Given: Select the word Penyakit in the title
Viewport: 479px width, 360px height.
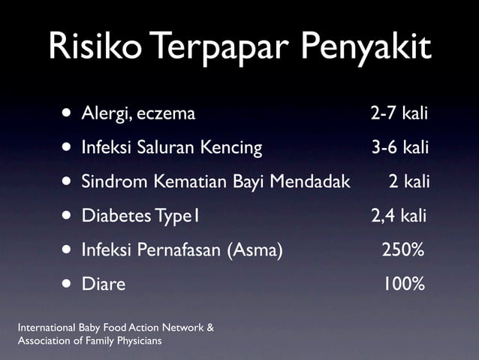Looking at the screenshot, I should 367,49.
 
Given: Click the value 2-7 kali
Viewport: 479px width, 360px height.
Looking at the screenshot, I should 399,113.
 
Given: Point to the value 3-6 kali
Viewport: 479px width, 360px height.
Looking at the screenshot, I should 400,147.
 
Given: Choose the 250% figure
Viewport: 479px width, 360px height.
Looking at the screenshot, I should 403,250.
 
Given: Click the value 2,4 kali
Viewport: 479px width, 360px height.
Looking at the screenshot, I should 399,216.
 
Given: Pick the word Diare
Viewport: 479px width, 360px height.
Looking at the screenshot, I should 104,284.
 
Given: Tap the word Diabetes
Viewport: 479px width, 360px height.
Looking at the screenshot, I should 114,216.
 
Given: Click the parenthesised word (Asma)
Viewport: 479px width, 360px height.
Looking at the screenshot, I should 255,250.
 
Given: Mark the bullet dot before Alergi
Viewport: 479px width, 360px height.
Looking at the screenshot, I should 68,114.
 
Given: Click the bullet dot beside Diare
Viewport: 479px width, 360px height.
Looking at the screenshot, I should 68,285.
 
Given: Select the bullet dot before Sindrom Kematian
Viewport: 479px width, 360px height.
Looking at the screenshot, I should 68,183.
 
